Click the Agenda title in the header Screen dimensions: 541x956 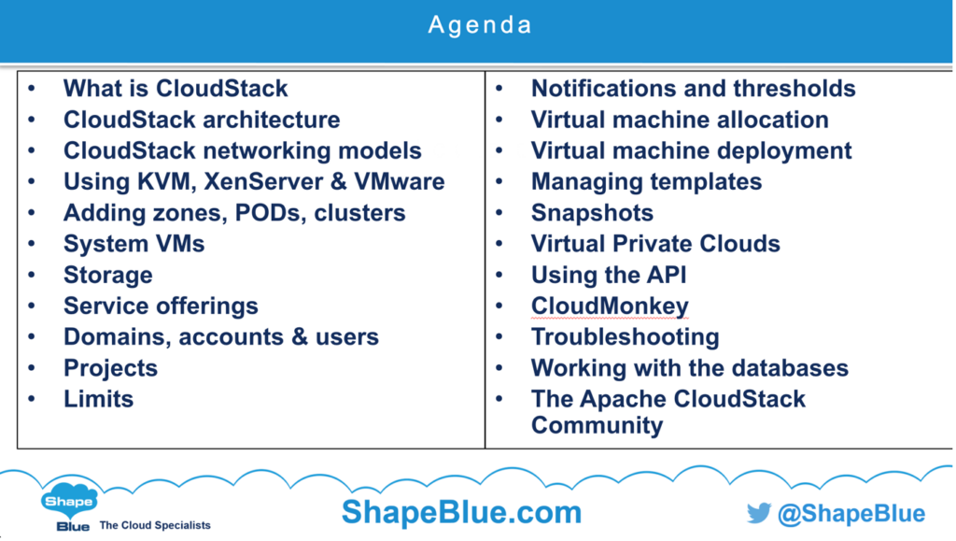[x=479, y=24]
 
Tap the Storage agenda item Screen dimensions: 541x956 [x=107, y=275]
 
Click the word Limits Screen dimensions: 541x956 [x=98, y=399]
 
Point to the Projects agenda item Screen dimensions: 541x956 [x=110, y=368]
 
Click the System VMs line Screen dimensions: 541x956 [x=134, y=244]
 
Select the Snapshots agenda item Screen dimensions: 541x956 [x=592, y=212]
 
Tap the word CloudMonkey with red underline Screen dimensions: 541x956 [x=610, y=306]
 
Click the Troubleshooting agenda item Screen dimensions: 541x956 [x=625, y=336]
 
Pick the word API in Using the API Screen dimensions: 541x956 [x=665, y=275]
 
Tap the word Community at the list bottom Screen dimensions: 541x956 [x=597, y=425]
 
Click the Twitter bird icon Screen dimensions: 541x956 [x=758, y=513]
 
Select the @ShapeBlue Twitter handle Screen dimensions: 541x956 [x=851, y=514]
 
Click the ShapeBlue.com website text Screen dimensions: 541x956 [x=461, y=512]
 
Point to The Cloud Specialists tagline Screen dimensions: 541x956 [x=155, y=525]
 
